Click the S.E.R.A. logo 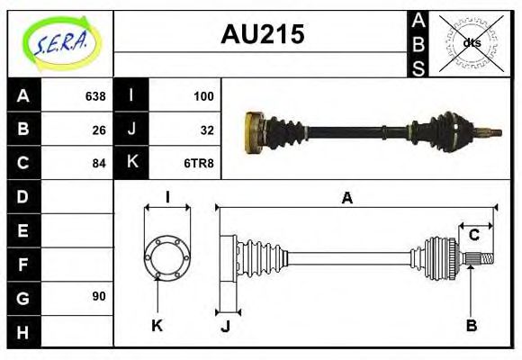pyautogui.click(x=60, y=42)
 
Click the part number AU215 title pyautogui.click(x=262, y=34)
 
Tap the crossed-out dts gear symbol pyautogui.click(x=471, y=43)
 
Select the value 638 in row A pyautogui.click(x=94, y=96)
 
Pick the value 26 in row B pyautogui.click(x=99, y=130)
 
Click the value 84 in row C pyautogui.click(x=99, y=163)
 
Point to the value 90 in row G pyautogui.click(x=99, y=296)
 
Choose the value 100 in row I pyautogui.click(x=202, y=96)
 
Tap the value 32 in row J pyautogui.click(x=206, y=130)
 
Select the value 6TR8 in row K pyautogui.click(x=200, y=163)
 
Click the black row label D pyautogui.click(x=23, y=196)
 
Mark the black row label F pyautogui.click(x=23, y=264)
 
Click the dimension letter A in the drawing pyautogui.click(x=346, y=199)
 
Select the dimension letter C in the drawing pyautogui.click(x=473, y=236)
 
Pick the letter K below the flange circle pyautogui.click(x=157, y=325)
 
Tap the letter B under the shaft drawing pyautogui.click(x=471, y=325)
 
